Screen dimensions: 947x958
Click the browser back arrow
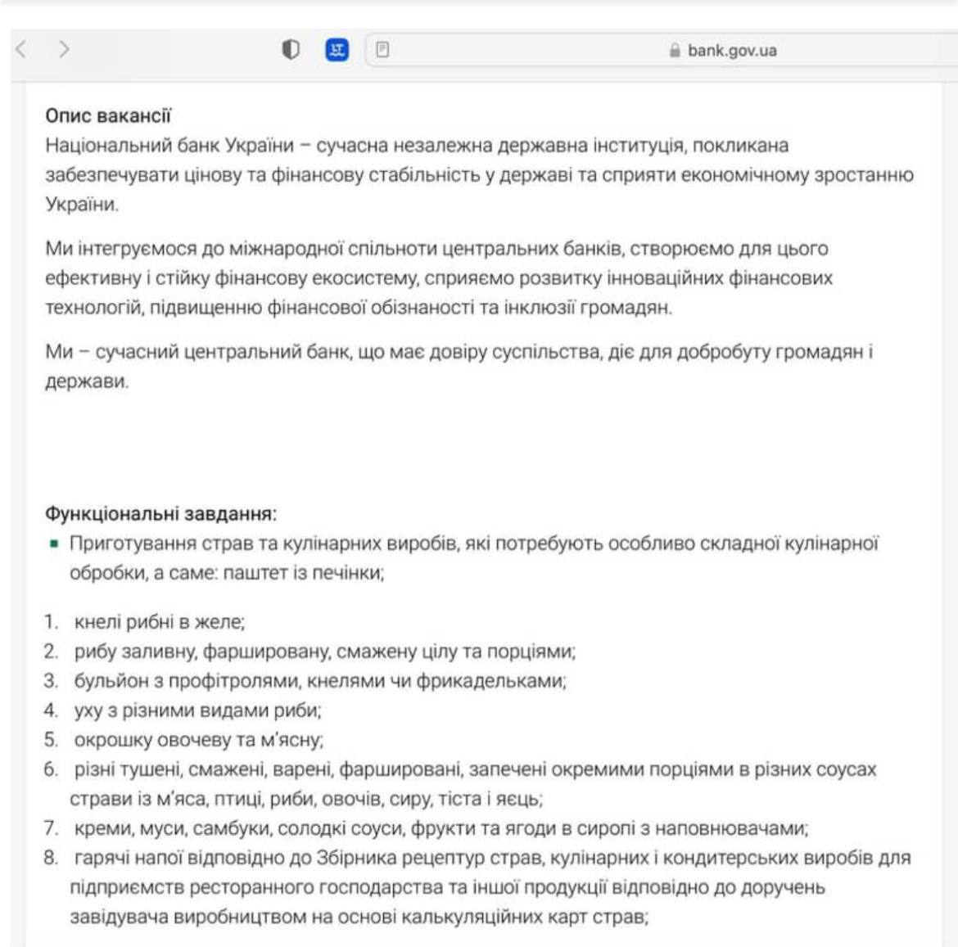[21, 50]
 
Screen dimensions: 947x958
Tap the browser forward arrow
[64, 50]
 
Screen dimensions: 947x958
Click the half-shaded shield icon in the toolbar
[290, 50]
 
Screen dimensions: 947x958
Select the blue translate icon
[337, 50]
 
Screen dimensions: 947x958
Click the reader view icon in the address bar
[382, 50]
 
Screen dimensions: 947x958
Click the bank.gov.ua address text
[732, 51]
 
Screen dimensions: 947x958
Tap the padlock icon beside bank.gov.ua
[675, 51]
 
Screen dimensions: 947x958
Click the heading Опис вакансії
[108, 116]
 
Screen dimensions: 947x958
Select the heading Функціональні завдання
[160, 514]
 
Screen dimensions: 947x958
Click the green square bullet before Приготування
[54, 543]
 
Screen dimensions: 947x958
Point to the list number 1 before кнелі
[52, 622]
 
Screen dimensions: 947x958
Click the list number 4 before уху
[52, 710]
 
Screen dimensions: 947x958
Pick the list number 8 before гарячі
[52, 858]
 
